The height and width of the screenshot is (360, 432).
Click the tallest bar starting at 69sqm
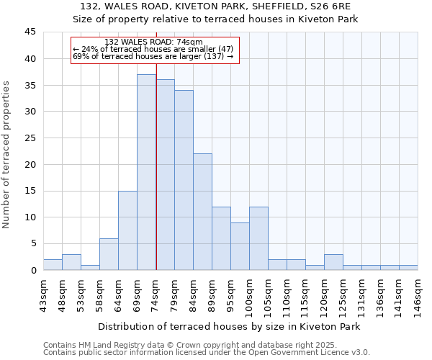pyautogui.click(x=146, y=173)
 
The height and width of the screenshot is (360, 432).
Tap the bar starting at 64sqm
pyautogui.click(x=127, y=230)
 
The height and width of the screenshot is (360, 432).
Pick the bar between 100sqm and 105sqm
pyautogui.click(x=258, y=238)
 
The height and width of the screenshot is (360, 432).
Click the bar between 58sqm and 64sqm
pyautogui.click(x=109, y=254)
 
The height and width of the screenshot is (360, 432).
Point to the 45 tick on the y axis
pyautogui.click(x=30, y=32)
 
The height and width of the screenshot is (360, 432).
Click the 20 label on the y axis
pyautogui.click(x=30, y=164)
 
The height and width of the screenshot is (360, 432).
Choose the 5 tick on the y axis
pyautogui.click(x=33, y=243)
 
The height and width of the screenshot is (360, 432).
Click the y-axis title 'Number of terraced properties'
pyautogui.click(x=6, y=155)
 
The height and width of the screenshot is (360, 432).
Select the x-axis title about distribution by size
pyautogui.click(x=229, y=327)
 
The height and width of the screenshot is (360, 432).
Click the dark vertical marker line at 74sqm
pyautogui.click(x=156, y=180)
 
